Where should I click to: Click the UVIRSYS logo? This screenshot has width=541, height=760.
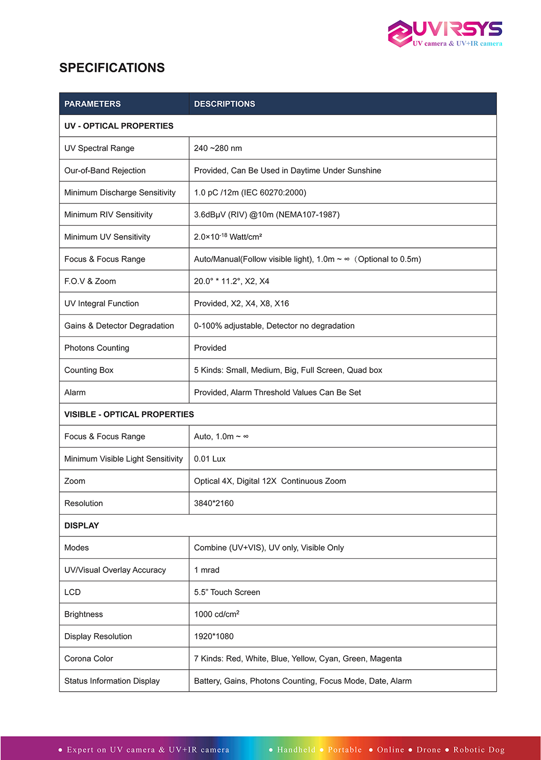click(x=445, y=33)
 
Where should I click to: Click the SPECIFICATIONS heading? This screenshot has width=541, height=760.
click(x=112, y=68)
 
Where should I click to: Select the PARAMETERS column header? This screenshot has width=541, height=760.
click(x=92, y=104)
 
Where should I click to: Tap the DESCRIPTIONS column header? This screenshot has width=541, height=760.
click(x=224, y=104)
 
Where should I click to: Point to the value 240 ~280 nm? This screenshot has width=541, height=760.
click(x=218, y=148)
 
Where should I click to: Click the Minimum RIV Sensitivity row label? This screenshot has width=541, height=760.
click(x=108, y=214)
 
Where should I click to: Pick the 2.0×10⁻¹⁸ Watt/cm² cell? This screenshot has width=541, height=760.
click(x=228, y=237)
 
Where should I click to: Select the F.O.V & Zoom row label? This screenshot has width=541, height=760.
click(x=90, y=281)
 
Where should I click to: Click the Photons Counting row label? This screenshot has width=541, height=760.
click(x=97, y=348)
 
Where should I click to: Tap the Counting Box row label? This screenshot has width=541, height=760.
click(x=89, y=370)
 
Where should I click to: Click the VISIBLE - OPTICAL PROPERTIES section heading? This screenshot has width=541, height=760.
click(x=129, y=414)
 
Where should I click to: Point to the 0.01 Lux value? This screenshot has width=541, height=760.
click(x=210, y=459)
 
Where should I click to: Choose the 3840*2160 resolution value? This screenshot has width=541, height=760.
click(x=214, y=503)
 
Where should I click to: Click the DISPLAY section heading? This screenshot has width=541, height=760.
click(x=82, y=525)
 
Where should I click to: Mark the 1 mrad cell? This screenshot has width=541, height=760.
click(x=207, y=570)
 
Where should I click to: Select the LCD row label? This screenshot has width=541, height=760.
click(x=72, y=592)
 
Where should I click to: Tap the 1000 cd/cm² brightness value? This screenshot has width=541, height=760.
click(x=217, y=614)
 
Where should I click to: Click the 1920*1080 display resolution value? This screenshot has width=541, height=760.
click(x=214, y=636)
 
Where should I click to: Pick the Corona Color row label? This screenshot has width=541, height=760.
click(x=89, y=658)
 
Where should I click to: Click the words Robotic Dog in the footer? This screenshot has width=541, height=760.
click(x=479, y=749)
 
